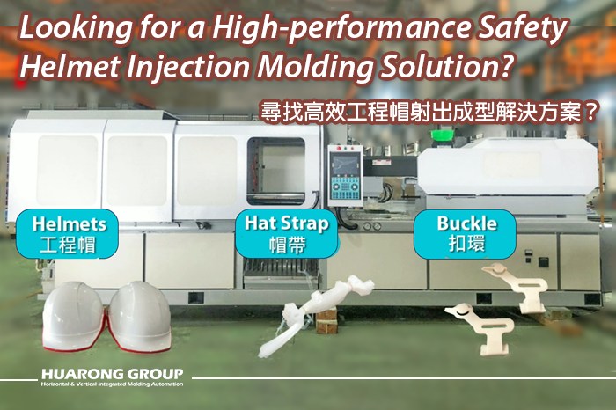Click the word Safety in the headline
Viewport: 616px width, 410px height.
tap(519, 29)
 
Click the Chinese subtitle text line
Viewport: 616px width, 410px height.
tap(429, 112)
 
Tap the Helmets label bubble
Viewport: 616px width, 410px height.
tap(67, 234)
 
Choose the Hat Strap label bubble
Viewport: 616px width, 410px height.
tap(286, 234)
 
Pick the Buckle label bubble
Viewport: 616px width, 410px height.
tap(466, 234)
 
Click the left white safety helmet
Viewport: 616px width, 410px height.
tap(73, 316)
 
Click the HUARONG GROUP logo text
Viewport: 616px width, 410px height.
tap(113, 373)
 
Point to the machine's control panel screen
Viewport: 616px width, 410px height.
tap(345, 164)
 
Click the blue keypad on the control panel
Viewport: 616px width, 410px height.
tap(345, 189)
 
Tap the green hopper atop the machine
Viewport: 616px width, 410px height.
tap(443, 135)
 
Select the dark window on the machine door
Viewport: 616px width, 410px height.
tap(276, 171)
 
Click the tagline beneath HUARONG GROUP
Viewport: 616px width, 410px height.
tap(113, 384)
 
